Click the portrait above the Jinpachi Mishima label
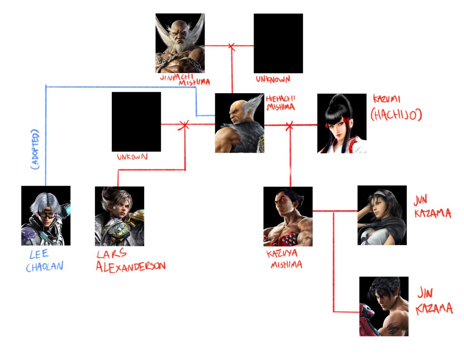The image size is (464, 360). [180, 43]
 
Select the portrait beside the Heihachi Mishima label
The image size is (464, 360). [239, 123]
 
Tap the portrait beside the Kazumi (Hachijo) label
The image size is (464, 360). [341, 123]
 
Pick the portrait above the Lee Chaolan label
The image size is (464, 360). [46, 215]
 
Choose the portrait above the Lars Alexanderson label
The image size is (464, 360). [119, 216]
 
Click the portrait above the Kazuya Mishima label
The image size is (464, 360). [288, 216]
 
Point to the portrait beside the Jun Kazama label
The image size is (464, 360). [382, 215]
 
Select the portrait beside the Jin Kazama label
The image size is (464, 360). [384, 306]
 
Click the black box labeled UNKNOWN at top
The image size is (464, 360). [278, 43]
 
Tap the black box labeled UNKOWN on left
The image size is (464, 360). [136, 121]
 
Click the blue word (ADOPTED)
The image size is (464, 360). [36, 149]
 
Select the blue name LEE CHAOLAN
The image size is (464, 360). [44, 261]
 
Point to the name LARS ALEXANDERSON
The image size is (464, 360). [131, 261]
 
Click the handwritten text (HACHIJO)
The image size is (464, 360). [395, 115]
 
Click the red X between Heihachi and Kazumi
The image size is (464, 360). [289, 125]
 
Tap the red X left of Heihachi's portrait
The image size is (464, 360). [184, 125]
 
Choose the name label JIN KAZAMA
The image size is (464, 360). [433, 300]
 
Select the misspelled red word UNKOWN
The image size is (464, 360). [132, 157]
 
